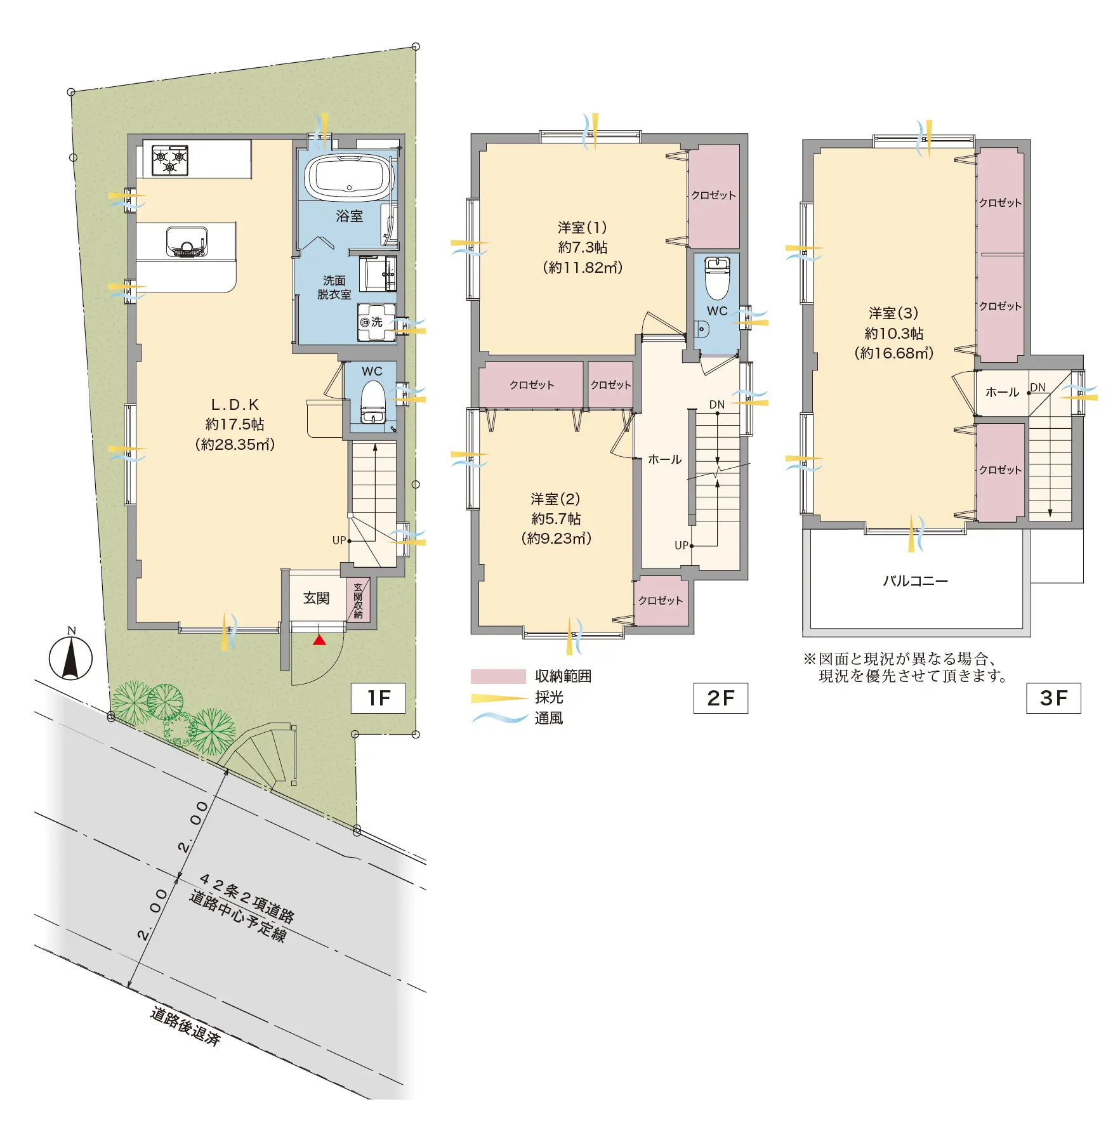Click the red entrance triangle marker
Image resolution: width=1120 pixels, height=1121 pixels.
pos(319,639)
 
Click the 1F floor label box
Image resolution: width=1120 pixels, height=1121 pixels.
pos(378,698)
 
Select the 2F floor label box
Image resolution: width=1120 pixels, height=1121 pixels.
pos(720,698)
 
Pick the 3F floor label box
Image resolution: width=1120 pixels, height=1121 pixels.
pos(1053,698)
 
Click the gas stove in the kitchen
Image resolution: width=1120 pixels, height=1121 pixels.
pos(170,160)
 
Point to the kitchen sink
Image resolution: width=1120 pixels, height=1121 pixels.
pos(187,242)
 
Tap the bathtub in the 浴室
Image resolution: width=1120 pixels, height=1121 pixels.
pos(348,176)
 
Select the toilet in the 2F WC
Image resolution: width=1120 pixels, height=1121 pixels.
pos(718,278)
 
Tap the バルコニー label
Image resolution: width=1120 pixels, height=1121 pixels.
pos(915,581)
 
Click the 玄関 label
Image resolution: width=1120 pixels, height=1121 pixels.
pos(316,598)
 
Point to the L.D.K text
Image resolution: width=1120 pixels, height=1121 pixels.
pos(235,405)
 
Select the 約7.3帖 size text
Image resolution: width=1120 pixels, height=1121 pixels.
pos(583,247)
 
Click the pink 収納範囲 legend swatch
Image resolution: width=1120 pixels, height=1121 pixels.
pos(498,676)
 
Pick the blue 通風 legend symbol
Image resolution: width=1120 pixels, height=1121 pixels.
pos(499,718)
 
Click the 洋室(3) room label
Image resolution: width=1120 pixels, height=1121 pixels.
pos(893,313)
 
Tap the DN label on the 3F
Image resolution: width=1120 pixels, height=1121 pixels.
pos(1038,388)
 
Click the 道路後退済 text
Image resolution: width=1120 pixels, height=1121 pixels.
pos(185,1026)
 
